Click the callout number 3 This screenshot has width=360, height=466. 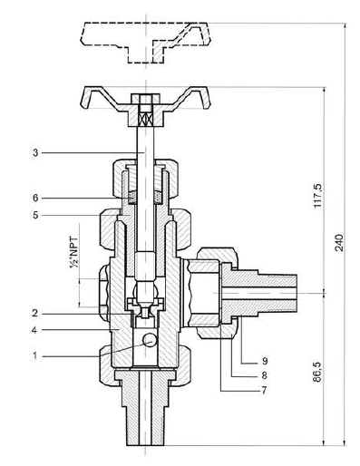point(35,153)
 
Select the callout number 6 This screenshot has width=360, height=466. point(35,199)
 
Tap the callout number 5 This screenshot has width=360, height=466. point(35,216)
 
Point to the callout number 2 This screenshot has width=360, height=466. point(35,314)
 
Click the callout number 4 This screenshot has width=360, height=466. point(34,330)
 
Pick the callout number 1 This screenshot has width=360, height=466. point(35,355)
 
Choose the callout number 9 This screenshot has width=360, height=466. point(265,361)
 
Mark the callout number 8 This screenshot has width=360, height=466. point(264,375)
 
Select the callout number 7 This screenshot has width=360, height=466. point(264,390)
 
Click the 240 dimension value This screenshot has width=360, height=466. point(339,242)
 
